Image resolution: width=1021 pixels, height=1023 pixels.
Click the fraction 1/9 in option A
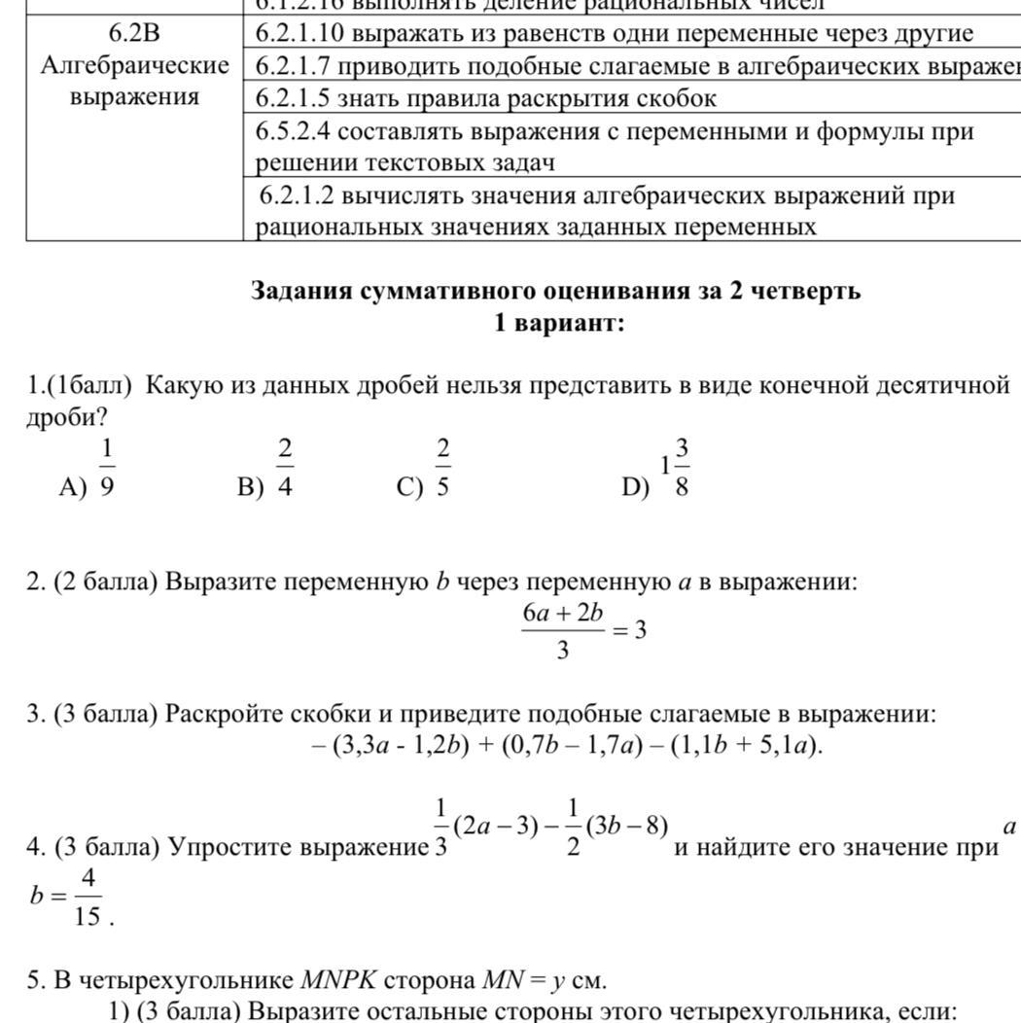[x=106, y=468]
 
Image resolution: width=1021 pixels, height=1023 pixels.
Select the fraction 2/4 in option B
[x=285, y=468]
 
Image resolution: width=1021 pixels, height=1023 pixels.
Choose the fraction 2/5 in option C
[x=442, y=468]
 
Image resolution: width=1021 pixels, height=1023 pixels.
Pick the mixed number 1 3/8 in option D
[x=676, y=468]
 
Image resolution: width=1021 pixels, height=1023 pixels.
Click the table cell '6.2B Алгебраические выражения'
[x=135, y=66]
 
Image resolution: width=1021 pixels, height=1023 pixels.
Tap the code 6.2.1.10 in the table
[x=300, y=34]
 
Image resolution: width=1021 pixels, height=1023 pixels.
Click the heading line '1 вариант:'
[x=558, y=323]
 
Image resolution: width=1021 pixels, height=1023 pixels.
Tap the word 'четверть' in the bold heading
[x=806, y=291]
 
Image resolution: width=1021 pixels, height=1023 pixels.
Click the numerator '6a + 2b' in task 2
[x=563, y=613]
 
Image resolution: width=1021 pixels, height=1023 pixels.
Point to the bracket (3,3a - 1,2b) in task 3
[x=399, y=746]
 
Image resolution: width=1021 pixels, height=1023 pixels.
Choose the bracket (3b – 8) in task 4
[x=626, y=826]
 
